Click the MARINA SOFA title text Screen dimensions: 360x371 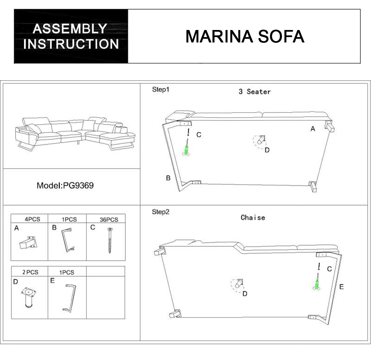245,36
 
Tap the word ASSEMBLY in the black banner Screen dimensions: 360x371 70,29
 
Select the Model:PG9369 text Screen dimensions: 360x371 65,186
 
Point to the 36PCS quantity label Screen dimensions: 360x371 109,220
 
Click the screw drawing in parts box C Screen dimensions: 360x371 110,240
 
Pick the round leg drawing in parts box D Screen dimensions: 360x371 28,297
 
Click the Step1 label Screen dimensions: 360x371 160,90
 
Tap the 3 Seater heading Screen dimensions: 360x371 255,92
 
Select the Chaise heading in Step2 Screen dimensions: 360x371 253,218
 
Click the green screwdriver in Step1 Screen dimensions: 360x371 185,150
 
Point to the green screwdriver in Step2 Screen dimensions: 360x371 317,284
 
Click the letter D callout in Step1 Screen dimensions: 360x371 267,150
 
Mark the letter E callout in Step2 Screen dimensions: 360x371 341,287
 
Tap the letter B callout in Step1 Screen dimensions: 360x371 168,178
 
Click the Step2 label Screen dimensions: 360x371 160,212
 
